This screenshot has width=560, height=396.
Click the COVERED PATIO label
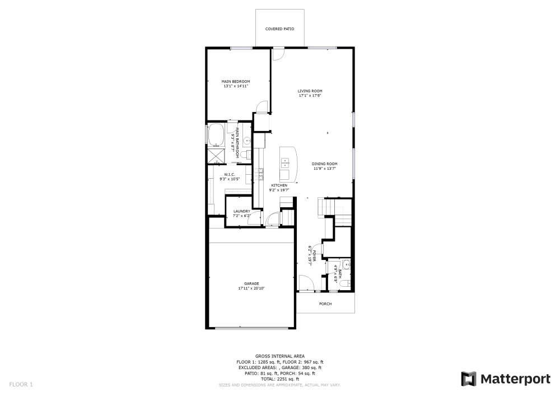coord(279,29)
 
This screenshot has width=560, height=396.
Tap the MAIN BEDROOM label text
coord(236,82)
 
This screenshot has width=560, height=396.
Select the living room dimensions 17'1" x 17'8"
coord(310,96)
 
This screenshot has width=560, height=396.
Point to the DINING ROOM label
coord(325,164)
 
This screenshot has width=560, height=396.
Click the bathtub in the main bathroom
coord(216,134)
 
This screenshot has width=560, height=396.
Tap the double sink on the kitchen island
coord(285,162)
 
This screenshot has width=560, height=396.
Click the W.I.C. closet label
coord(228,174)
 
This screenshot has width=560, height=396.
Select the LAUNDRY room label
coord(242,211)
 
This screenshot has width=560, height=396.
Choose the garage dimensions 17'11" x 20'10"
coord(251,288)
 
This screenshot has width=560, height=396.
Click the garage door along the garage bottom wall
coord(251,328)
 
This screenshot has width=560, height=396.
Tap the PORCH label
coord(325,304)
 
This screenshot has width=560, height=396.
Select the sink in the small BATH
coord(347,265)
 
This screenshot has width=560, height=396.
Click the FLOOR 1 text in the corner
coord(21,384)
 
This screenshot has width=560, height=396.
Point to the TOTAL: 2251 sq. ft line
coord(280,379)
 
